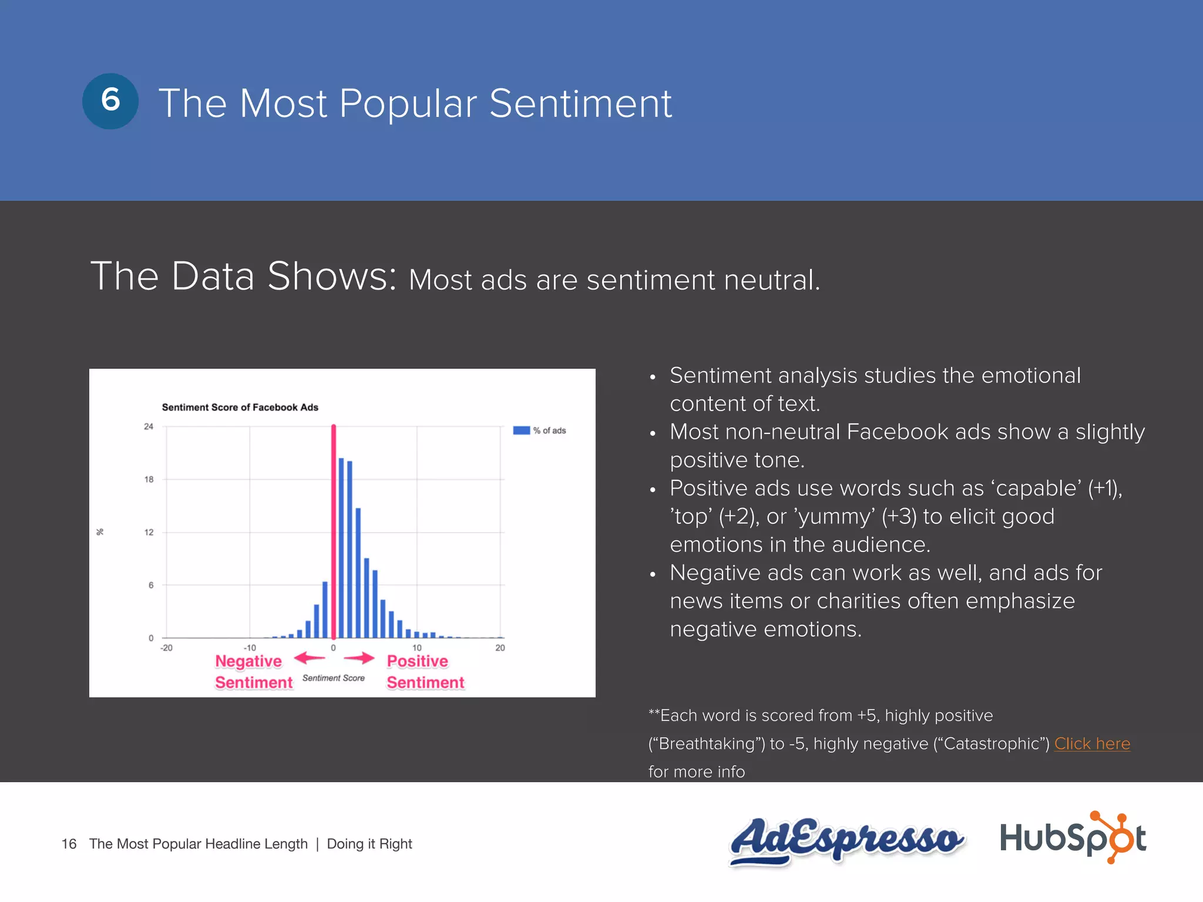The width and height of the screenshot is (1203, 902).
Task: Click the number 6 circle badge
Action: click(110, 101)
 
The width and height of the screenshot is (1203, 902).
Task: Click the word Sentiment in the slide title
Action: click(580, 104)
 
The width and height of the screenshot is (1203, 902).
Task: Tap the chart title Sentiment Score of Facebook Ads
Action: click(240, 407)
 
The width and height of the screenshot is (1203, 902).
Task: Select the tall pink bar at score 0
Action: click(334, 531)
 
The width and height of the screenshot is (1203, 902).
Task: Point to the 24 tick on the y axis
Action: click(149, 426)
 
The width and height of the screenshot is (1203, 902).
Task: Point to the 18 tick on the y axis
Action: click(149, 479)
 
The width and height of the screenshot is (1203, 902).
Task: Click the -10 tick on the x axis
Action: click(250, 648)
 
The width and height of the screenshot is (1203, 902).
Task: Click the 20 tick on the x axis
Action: click(500, 648)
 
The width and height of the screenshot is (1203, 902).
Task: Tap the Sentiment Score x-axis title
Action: click(333, 678)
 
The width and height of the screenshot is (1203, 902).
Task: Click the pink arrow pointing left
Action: click(310, 658)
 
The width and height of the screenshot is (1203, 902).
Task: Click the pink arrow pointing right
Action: click(359, 658)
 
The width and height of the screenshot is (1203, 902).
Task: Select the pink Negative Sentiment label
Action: click(253, 672)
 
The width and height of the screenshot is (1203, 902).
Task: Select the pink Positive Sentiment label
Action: click(425, 672)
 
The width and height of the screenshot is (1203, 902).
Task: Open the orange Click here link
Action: click(1091, 743)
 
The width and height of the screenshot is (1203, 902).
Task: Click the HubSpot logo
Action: click(1073, 838)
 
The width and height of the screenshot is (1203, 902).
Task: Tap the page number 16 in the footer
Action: click(69, 844)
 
